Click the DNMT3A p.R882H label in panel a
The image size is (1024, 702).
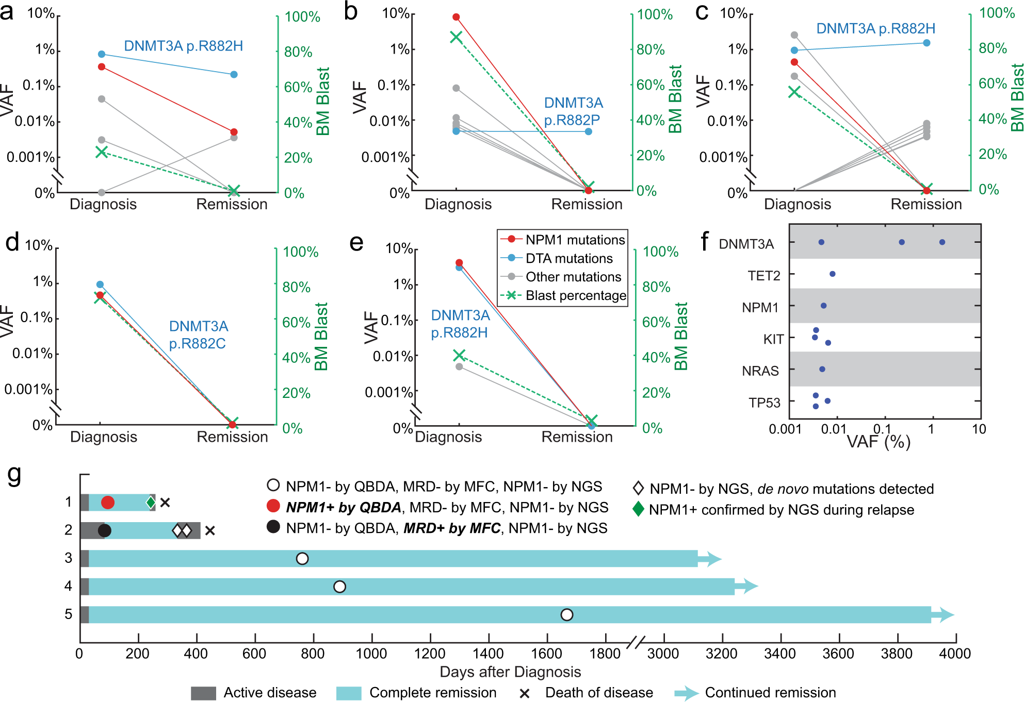[183, 46]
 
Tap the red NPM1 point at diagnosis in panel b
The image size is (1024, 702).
[456, 17]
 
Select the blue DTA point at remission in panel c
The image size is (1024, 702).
[927, 43]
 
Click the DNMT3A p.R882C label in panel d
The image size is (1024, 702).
[198, 335]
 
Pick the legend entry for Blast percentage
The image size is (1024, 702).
[575, 295]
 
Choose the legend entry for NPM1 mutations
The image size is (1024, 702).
[575, 240]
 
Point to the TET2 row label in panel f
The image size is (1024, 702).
[764, 276]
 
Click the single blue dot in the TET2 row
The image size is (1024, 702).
[832, 274]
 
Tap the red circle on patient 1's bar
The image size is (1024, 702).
[107, 502]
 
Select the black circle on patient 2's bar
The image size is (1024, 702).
[104, 530]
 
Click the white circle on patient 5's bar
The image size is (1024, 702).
[566, 614]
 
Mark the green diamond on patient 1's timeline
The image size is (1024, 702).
[150, 502]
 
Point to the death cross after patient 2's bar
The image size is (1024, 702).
[209, 530]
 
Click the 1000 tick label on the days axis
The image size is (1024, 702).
[371, 654]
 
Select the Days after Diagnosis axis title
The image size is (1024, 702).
[510, 672]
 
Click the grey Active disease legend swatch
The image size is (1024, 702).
[203, 693]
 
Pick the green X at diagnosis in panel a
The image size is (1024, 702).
[102, 152]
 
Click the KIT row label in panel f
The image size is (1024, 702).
[773, 339]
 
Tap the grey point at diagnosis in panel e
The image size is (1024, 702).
[459, 366]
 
